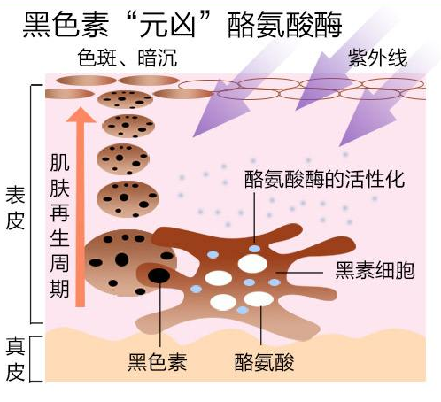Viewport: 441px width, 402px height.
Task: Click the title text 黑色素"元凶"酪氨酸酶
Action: point(182,25)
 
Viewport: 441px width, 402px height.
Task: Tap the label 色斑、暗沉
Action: point(128,58)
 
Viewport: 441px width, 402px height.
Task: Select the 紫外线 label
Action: point(378,58)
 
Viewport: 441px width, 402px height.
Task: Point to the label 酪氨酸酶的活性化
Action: point(324,179)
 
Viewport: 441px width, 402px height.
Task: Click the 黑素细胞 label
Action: point(375,270)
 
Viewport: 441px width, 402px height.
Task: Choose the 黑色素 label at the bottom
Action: point(158,362)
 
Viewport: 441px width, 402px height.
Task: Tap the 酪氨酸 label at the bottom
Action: point(264,362)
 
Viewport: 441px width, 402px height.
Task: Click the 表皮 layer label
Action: point(15,208)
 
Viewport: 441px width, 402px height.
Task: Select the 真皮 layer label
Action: point(15,359)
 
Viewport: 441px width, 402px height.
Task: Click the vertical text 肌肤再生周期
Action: point(59,226)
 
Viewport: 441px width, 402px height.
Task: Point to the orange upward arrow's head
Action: point(81,115)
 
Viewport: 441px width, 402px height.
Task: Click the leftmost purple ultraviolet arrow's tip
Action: point(193,137)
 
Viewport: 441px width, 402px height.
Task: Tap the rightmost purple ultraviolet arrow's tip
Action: point(340,146)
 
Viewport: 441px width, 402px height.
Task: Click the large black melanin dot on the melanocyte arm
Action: point(159,275)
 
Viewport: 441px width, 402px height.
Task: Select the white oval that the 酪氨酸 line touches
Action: point(259,299)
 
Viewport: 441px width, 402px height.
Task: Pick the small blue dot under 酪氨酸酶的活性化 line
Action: point(254,249)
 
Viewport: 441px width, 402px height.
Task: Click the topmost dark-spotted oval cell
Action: point(126,99)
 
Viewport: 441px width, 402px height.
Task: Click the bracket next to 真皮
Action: point(33,359)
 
